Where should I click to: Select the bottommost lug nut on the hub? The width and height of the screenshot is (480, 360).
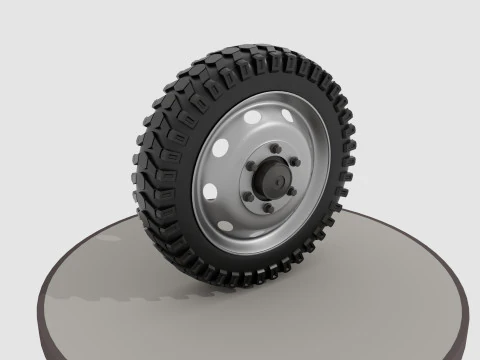click(267, 209)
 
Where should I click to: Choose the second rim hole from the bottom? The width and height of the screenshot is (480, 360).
click(211, 190)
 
